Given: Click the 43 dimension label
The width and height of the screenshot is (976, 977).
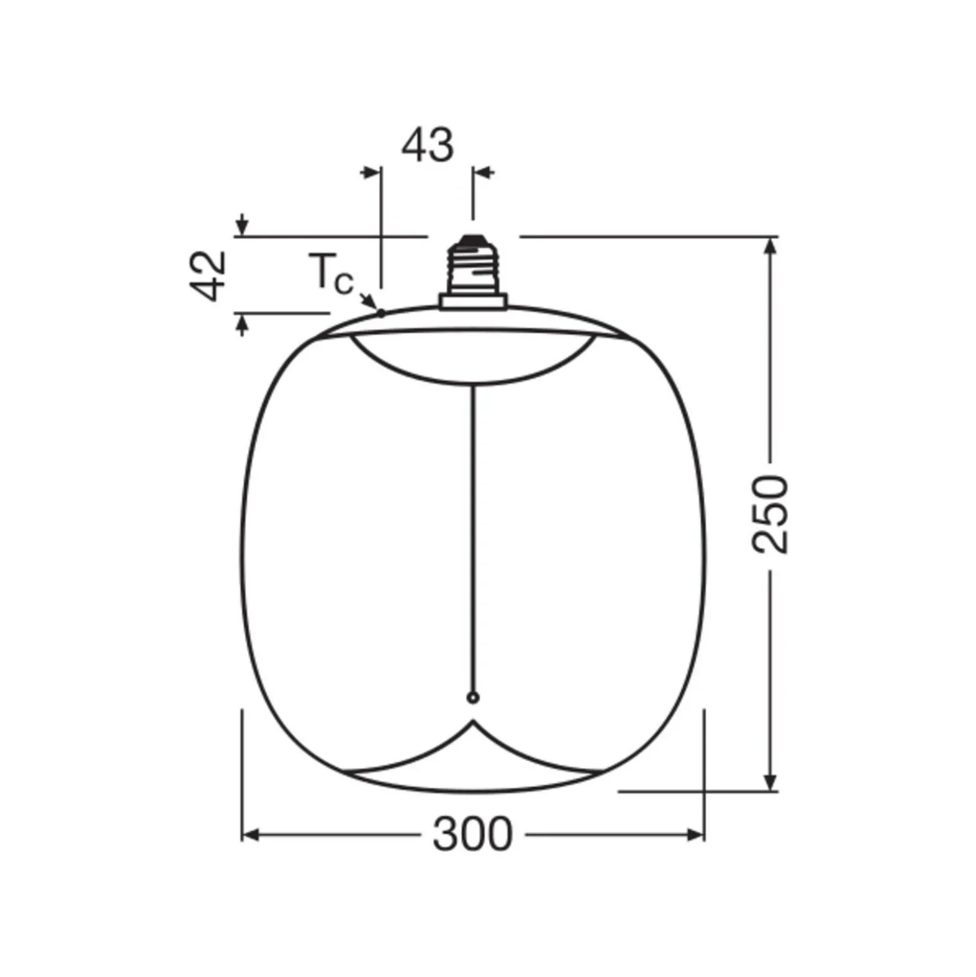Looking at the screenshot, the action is pyautogui.click(x=427, y=145).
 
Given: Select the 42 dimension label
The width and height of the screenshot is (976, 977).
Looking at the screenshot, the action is pyautogui.click(x=208, y=275).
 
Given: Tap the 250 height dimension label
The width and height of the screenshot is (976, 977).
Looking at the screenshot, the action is pyautogui.click(x=770, y=514).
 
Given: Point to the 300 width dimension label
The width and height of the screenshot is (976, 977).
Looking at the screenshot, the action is pyautogui.click(x=472, y=834).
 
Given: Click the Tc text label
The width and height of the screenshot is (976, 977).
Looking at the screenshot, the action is pyautogui.click(x=331, y=274).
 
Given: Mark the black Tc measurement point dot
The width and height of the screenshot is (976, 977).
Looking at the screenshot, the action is pyautogui.click(x=380, y=313).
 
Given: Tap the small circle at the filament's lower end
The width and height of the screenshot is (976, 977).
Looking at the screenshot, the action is pyautogui.click(x=473, y=697).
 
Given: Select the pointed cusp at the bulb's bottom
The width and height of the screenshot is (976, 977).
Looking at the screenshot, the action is pyautogui.click(x=473, y=721).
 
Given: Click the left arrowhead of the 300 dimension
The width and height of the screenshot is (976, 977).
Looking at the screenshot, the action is pyautogui.click(x=250, y=834).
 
